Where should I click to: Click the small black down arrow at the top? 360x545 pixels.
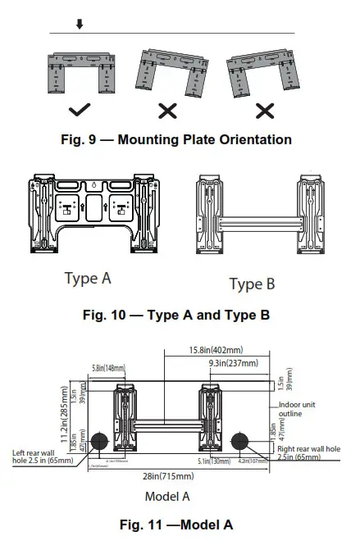(80, 25)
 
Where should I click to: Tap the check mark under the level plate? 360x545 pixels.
(80, 108)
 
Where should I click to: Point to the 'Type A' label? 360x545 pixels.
(88, 279)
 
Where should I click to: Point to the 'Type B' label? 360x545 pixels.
(252, 284)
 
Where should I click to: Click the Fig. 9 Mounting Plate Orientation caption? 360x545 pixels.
(177, 139)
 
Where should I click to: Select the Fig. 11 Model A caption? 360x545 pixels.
(178, 525)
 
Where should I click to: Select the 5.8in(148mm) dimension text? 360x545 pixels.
(105, 368)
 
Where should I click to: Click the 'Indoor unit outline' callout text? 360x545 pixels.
(302, 409)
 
